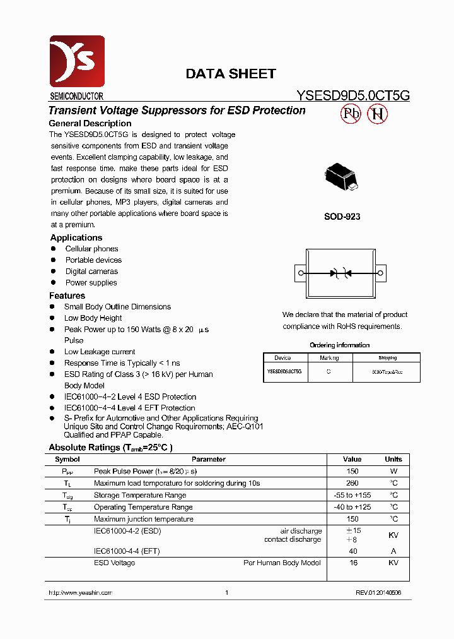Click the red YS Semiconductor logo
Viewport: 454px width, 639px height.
click(x=77, y=61)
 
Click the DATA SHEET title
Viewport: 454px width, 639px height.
click(x=230, y=74)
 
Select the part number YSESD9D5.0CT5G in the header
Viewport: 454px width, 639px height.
click(x=353, y=96)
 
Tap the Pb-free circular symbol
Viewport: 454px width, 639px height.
click(x=351, y=114)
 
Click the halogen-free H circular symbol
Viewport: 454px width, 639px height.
click(x=378, y=114)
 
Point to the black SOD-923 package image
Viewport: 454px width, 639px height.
click(x=341, y=179)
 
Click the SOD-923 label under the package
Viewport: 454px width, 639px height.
click(x=342, y=217)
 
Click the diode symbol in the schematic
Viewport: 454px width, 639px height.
click(x=341, y=273)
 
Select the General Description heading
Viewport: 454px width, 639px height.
click(x=90, y=124)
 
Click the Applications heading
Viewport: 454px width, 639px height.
click(x=76, y=238)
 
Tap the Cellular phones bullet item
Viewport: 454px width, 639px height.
click(x=91, y=249)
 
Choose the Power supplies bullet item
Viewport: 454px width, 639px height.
click(x=91, y=283)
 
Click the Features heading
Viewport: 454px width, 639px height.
click(x=67, y=296)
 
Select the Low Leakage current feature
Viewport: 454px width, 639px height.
click(x=100, y=352)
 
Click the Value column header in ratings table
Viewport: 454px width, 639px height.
click(x=352, y=460)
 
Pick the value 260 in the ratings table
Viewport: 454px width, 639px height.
click(x=352, y=483)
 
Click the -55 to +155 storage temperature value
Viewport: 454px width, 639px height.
click(x=352, y=495)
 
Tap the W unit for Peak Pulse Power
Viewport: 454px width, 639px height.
click(x=393, y=471)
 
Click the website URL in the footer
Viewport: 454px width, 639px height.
click(x=80, y=593)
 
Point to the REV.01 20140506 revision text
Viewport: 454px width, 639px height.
click(x=378, y=593)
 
